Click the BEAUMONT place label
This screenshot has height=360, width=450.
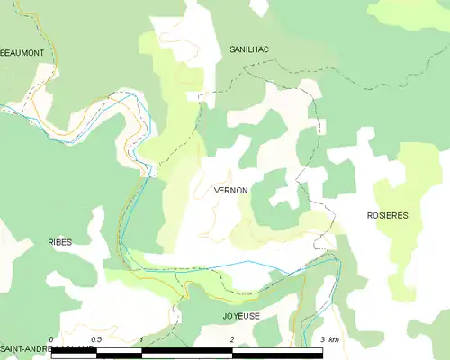pos(22,53)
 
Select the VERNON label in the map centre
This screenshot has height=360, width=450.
pos(231,191)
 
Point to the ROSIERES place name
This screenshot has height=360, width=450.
pos(387,216)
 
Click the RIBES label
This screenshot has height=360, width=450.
pos(59,243)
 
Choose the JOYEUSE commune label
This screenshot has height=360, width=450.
pos(240,317)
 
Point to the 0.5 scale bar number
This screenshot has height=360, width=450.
pos(96,339)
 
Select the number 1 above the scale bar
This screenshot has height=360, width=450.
pos(142,339)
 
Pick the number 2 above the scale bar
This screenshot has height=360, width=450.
pos(232,339)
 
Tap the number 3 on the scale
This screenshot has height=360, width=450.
pos(321,339)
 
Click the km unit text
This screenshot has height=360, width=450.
pos(334,339)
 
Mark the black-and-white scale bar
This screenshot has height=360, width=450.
pos(186,353)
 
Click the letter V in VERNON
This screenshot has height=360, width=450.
pos(218,191)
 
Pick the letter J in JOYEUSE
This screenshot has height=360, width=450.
pos(223,317)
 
